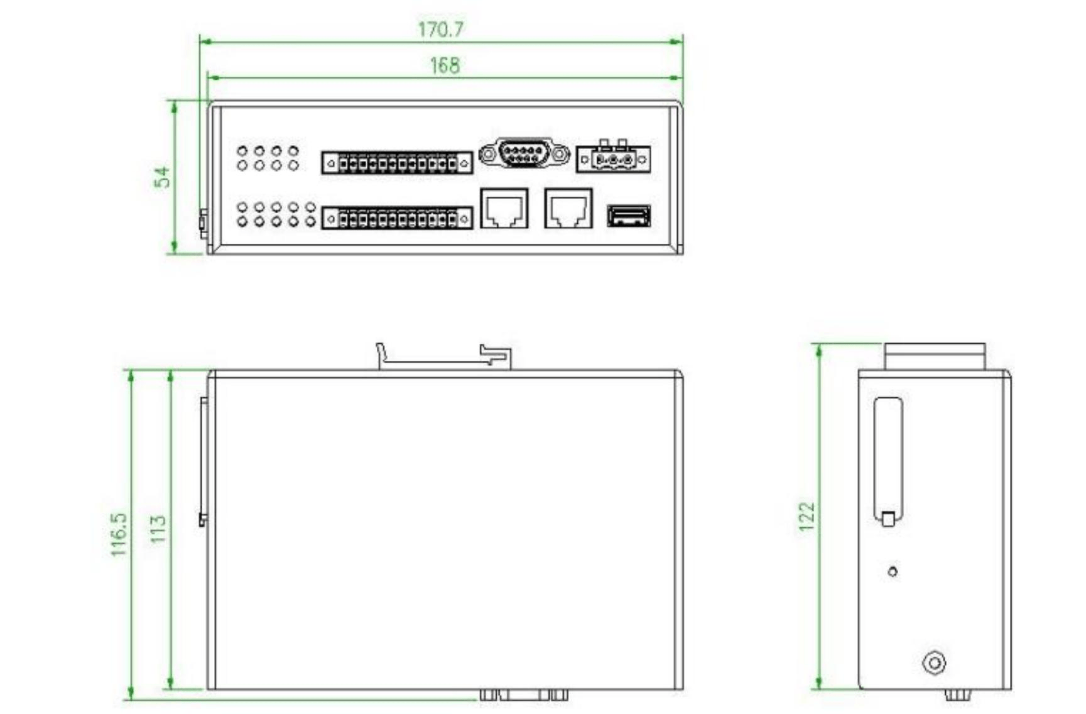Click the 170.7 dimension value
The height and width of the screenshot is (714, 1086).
click(x=441, y=29)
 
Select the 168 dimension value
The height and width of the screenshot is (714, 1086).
click(x=445, y=65)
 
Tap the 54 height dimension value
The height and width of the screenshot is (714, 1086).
click(x=162, y=177)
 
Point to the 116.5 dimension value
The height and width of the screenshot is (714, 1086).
click(x=119, y=534)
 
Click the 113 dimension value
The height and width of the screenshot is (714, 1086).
click(x=158, y=529)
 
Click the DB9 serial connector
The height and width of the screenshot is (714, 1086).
click(x=524, y=153)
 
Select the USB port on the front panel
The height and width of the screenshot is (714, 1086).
click(x=629, y=216)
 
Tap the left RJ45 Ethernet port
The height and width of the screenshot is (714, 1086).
click(x=504, y=208)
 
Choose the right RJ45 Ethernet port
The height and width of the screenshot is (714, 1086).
click(x=568, y=208)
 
